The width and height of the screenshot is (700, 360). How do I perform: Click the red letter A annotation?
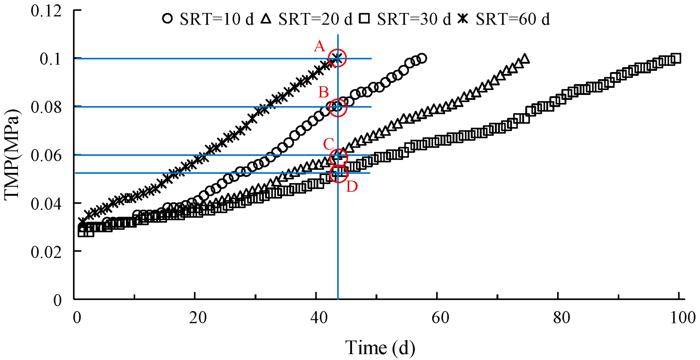pyautogui.click(x=319, y=46)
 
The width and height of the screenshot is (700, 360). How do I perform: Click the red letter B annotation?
pyautogui.click(x=323, y=92)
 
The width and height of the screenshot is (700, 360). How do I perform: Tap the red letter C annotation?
pyautogui.click(x=328, y=144)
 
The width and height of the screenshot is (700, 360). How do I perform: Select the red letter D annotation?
pyautogui.click(x=352, y=187)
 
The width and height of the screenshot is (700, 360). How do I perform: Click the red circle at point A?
pyautogui.click(x=337, y=58)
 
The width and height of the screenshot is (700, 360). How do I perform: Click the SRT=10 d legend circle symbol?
pyautogui.click(x=168, y=19)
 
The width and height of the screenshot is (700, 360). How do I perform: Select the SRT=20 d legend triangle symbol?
pyautogui.click(x=266, y=18)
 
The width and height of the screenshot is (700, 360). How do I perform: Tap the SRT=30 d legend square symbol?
pyautogui.click(x=365, y=19)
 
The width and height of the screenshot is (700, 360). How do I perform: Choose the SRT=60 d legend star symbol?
pyautogui.click(x=463, y=18)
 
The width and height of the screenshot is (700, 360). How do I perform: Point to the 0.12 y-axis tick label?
pyautogui.click(x=46, y=11)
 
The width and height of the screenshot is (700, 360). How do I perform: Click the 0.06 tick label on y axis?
pyautogui.click(x=46, y=155)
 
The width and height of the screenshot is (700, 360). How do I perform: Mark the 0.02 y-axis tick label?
pyautogui.click(x=46, y=252)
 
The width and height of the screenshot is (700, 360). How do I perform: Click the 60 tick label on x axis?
pyautogui.click(x=440, y=318)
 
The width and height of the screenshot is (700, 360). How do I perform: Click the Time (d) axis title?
pyautogui.click(x=380, y=348)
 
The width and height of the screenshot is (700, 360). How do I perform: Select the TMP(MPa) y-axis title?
pyautogui.click(x=12, y=155)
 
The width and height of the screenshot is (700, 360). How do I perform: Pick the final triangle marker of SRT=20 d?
pyautogui.click(x=525, y=58)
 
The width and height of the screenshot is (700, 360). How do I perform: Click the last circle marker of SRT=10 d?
pyautogui.click(x=422, y=58)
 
